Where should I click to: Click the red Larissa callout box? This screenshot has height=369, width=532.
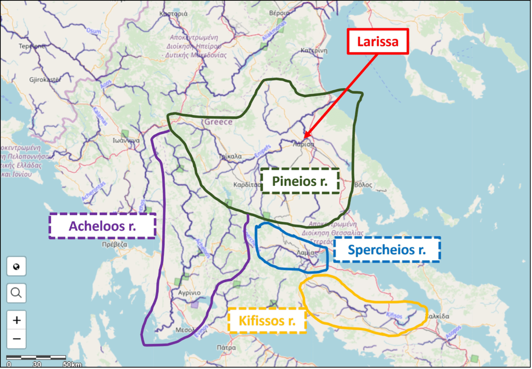(378, 42)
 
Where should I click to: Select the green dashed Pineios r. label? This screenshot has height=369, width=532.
(300, 181)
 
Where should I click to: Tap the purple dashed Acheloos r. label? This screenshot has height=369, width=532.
(102, 226)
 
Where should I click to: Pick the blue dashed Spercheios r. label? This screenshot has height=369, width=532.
(387, 250)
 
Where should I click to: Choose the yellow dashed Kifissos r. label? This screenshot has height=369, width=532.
(267, 321)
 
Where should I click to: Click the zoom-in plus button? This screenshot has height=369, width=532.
(16, 320)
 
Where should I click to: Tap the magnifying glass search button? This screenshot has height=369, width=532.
(16, 293)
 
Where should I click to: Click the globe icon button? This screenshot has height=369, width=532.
(16, 267)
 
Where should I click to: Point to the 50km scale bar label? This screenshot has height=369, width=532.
(72, 364)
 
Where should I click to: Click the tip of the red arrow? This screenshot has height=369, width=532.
(305, 137)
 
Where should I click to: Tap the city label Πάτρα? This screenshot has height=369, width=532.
(226, 347)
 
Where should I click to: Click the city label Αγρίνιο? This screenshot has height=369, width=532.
(189, 293)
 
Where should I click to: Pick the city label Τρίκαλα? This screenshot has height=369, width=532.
(230, 156)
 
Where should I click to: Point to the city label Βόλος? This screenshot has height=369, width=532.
(363, 185)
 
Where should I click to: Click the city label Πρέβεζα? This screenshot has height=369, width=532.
(115, 244)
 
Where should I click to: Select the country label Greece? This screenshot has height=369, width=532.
(218, 122)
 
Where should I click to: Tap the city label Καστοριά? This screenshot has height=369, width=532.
(173, 14)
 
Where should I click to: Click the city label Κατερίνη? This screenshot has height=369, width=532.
(314, 50)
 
